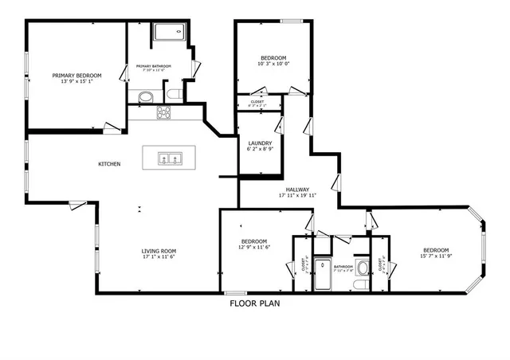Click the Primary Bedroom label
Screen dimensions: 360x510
click(x=77, y=76)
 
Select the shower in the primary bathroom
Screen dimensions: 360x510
click(x=167, y=33)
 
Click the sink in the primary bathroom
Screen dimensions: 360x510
click(x=145, y=97)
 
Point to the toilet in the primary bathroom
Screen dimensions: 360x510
click(x=173, y=96)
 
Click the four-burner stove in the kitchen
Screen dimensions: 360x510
click(x=164, y=113)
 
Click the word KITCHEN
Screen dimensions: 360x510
click(x=109, y=164)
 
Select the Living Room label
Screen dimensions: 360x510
click(x=159, y=250)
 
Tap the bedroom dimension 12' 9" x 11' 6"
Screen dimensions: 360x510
click(x=254, y=248)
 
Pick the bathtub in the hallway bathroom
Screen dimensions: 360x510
click(x=323, y=274)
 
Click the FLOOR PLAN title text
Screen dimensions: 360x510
click(x=254, y=303)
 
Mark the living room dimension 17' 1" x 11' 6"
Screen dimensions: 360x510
click(x=159, y=256)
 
